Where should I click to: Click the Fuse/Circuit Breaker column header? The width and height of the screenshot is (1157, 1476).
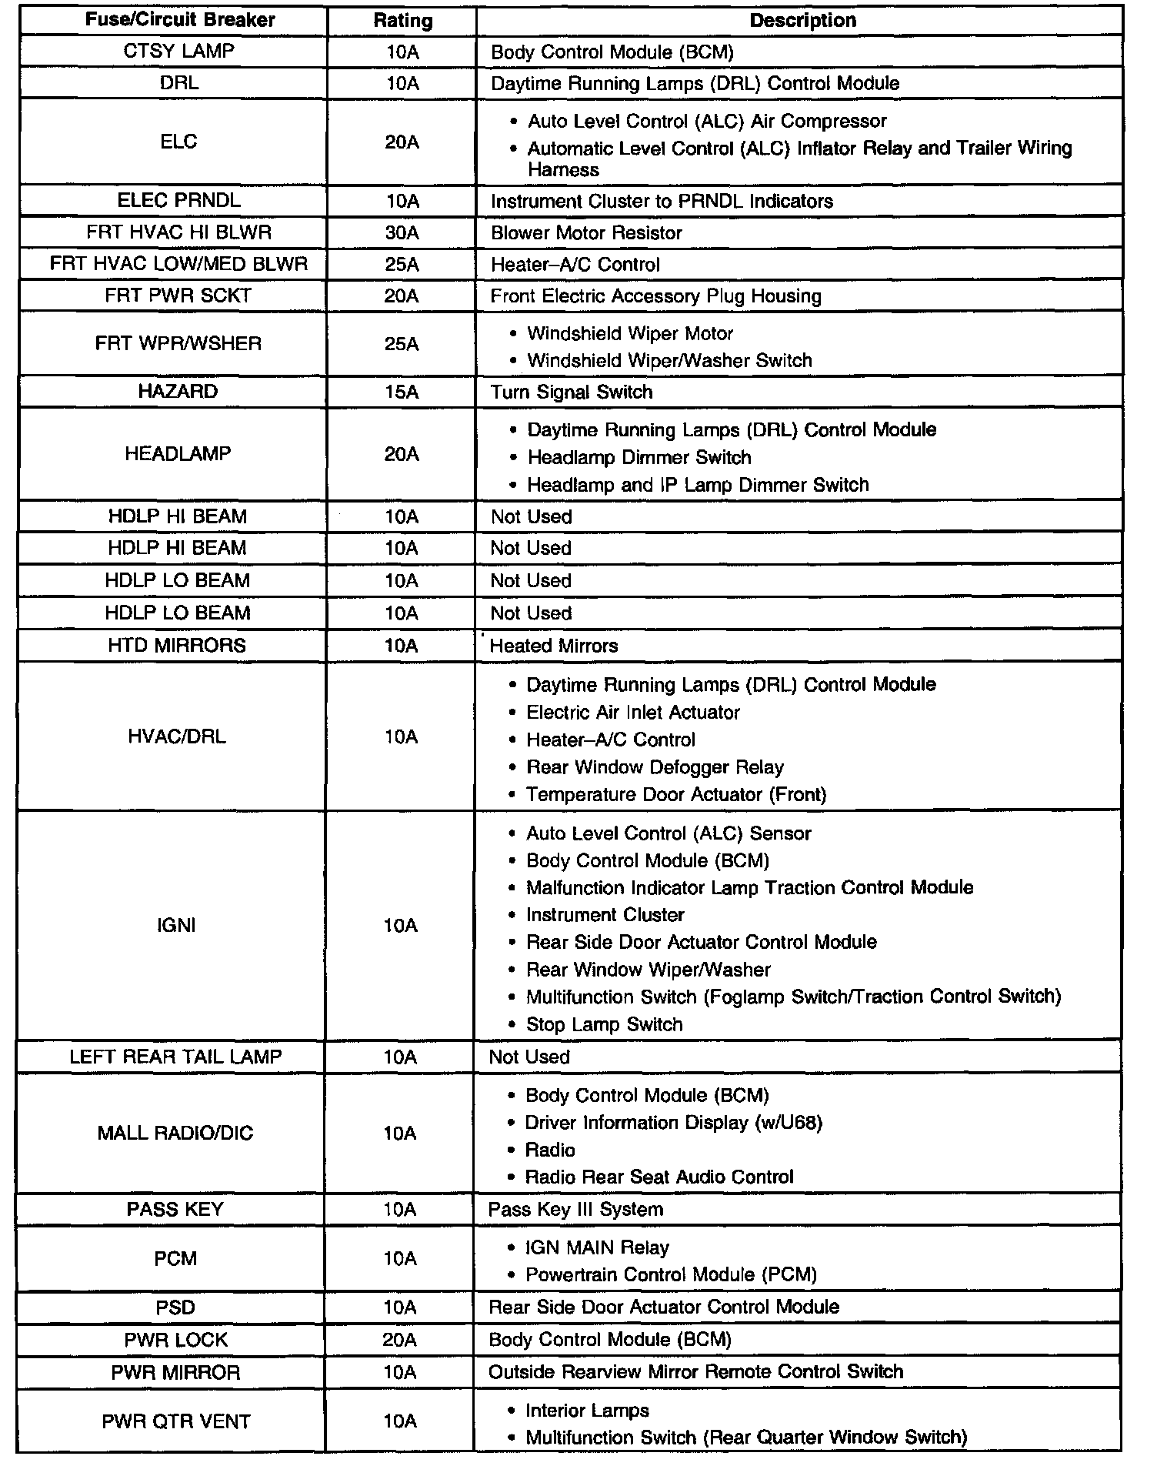[180, 20]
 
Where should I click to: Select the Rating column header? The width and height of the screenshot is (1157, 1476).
[402, 21]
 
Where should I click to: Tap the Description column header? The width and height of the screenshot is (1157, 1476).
[802, 21]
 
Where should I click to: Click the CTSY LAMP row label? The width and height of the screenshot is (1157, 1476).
[178, 51]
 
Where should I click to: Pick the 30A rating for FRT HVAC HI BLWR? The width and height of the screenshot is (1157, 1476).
[402, 232]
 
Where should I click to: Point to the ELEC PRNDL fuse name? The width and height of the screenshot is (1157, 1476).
[178, 201]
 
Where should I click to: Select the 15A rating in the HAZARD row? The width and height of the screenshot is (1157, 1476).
[402, 392]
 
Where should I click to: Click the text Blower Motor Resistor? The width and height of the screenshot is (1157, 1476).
[586, 233]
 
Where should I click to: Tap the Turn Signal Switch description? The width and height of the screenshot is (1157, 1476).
[572, 392]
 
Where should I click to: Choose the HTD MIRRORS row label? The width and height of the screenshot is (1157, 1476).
[177, 645]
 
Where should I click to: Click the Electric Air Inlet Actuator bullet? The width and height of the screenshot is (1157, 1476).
[632, 712]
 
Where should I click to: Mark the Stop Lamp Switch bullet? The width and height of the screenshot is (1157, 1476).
[604, 1024]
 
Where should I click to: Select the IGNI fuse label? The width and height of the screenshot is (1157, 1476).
[176, 925]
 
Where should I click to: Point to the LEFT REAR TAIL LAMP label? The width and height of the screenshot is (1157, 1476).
[175, 1057]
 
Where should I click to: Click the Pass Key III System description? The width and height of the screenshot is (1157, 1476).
[575, 1209]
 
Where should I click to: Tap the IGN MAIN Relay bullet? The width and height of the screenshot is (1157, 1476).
[597, 1247]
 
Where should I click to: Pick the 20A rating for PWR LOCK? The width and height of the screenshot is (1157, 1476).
[400, 1340]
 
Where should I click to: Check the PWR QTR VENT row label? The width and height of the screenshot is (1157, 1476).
[176, 1421]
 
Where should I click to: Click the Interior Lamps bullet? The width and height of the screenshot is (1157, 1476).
[587, 1410]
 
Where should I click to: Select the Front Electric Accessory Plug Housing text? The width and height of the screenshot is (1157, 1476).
[655, 296]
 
